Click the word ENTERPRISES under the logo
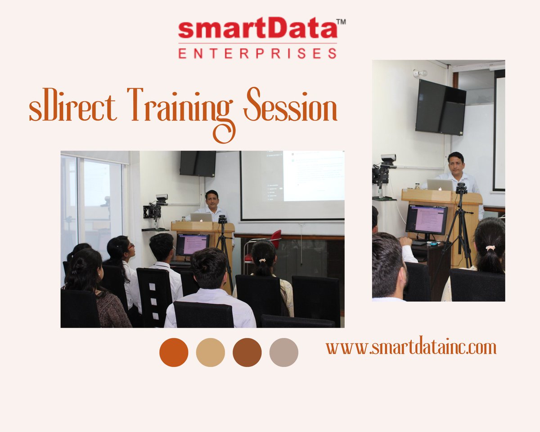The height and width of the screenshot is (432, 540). click(257, 54)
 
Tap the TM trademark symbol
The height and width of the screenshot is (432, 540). click(341, 21)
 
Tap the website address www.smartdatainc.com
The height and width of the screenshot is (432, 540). click(411, 347)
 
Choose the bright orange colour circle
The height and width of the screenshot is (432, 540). click(174, 352)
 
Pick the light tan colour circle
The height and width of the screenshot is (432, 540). click(210, 352)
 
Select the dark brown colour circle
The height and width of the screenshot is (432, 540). click(247, 352)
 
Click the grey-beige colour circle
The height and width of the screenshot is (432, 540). click(283, 352)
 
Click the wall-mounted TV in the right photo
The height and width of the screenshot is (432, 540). click(440, 107)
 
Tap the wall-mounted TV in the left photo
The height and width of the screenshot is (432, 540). click(198, 163)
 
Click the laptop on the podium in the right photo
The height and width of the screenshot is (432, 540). click(440, 185)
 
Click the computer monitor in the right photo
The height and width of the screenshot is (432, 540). click(426, 220)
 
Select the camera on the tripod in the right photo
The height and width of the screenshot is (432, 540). click(461, 188)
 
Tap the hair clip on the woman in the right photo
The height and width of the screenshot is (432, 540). click(490, 248)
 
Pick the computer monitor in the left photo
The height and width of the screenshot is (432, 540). click(192, 244)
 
